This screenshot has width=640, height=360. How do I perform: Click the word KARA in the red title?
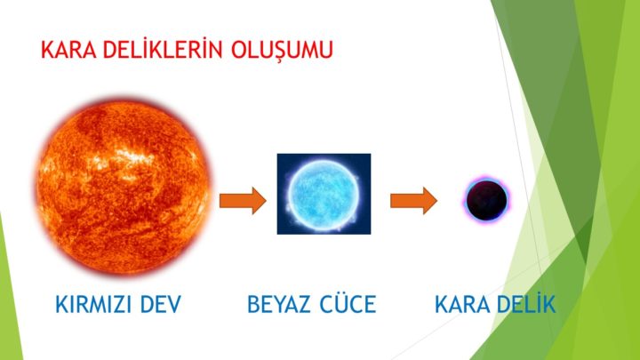[x=68, y=50]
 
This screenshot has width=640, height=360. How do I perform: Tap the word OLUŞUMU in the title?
[x=282, y=51]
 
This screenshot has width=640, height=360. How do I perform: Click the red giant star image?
[x=123, y=186]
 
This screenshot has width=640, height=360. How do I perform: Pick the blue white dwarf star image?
[x=324, y=194]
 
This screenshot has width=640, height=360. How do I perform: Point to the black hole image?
[x=486, y=200]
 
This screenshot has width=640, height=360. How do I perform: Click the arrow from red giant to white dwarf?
[x=243, y=200]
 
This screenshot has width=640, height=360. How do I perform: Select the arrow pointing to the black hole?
[x=414, y=200]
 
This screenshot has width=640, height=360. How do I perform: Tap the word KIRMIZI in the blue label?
[x=95, y=305]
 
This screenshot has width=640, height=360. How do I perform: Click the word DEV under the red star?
[x=161, y=305]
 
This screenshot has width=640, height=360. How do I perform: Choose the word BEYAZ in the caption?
[x=280, y=305]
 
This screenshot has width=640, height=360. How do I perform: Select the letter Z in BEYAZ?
[x=305, y=305]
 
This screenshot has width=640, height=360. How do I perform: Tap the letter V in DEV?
[x=174, y=305]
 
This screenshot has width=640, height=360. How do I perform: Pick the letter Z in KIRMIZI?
[x=122, y=305]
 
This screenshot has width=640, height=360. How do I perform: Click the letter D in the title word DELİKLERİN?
[x=109, y=50]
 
